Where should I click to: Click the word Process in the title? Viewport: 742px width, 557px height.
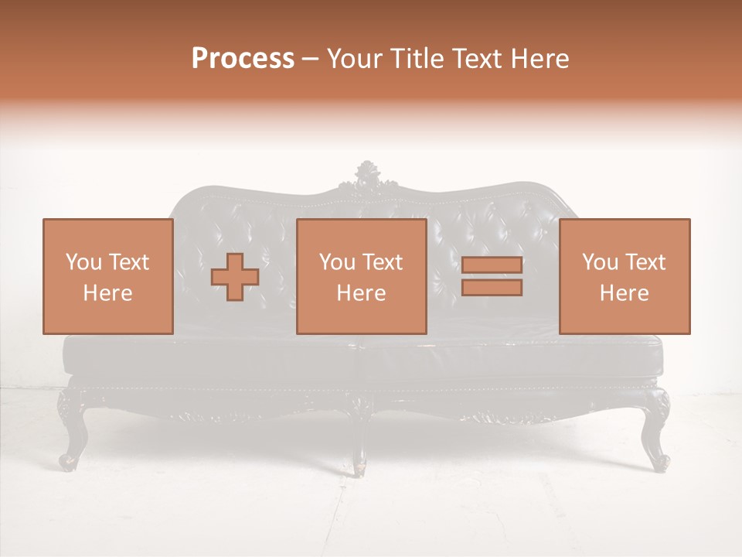coord(243,59)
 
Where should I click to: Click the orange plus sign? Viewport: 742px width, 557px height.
coord(235,277)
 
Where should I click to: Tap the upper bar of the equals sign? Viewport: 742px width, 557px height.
coord(492,265)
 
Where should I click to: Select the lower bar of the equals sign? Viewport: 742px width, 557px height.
coord(492,288)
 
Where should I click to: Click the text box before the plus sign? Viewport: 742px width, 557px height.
coord(108,276)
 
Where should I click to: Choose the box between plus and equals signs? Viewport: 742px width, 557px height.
coord(362,276)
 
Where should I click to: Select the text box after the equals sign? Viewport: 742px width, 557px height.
coord(625,276)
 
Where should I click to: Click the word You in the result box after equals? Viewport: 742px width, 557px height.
coord(600,262)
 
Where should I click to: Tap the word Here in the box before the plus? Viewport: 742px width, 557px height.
coord(107,293)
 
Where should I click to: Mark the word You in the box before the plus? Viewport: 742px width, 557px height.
coord(83,262)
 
